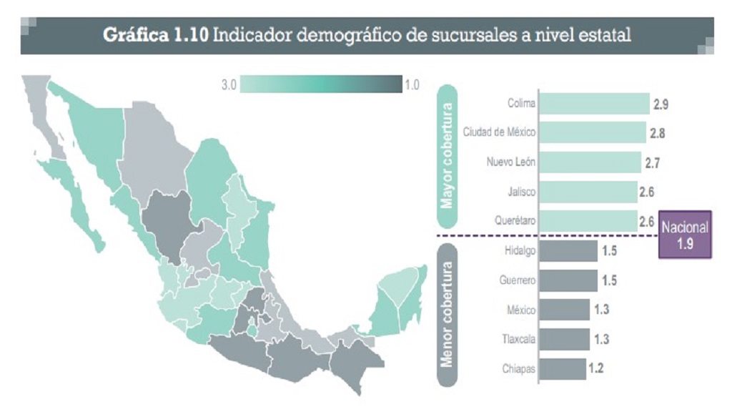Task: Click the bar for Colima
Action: (x=593, y=104)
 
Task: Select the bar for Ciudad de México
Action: (x=592, y=132)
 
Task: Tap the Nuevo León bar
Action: (x=590, y=162)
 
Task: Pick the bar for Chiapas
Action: (x=562, y=369)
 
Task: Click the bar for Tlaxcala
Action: (x=564, y=339)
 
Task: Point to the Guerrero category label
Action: (x=518, y=280)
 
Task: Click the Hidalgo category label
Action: (x=519, y=250)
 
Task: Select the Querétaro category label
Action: (x=515, y=221)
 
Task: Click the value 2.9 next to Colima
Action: (x=661, y=105)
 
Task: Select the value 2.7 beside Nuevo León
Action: (x=651, y=163)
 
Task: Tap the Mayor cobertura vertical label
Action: (x=447, y=157)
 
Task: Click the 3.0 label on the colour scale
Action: (x=229, y=85)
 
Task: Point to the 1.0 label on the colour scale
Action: (x=412, y=85)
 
